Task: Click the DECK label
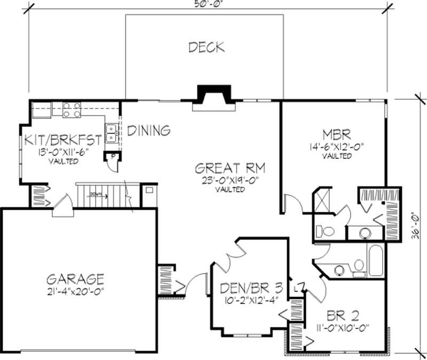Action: (206, 47)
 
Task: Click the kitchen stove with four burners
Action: (72, 110)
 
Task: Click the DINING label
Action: (149, 130)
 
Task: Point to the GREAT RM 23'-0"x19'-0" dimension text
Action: (231, 180)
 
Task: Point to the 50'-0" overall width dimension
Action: (207, 4)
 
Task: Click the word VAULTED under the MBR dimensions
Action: (337, 156)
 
